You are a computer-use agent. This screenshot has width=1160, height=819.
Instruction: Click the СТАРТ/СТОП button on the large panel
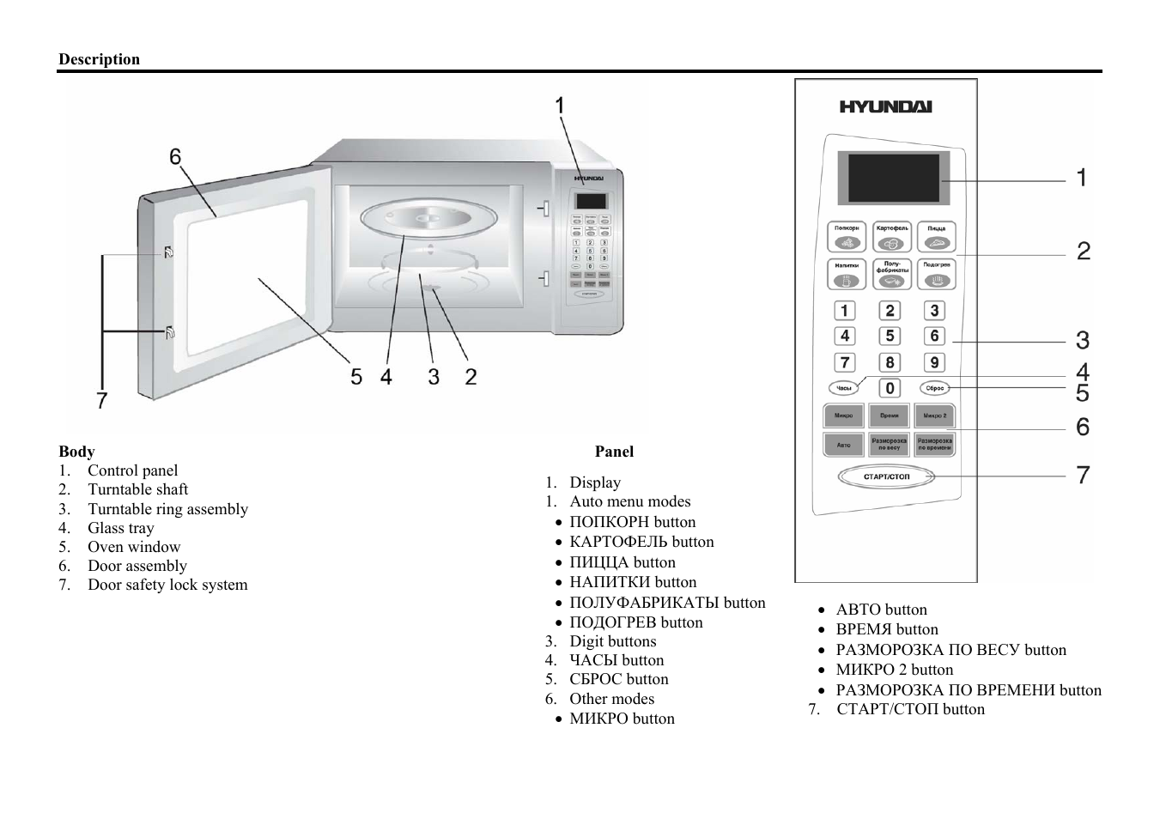[x=886, y=476]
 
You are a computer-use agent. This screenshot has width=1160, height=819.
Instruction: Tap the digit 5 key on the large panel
[x=890, y=337]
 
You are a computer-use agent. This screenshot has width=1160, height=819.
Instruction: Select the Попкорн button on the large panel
[x=847, y=237]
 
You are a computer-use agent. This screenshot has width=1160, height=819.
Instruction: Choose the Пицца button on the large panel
[x=936, y=237]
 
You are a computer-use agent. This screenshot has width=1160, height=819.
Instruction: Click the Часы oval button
[x=844, y=388]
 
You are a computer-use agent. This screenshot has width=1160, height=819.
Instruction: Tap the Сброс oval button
[x=935, y=388]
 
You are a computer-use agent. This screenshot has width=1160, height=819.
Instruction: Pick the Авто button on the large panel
[x=844, y=445]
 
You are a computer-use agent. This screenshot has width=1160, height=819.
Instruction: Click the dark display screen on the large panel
[x=894, y=178]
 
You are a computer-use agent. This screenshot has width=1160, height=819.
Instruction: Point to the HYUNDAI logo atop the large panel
[x=885, y=107]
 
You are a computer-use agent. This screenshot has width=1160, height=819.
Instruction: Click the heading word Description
[x=99, y=59]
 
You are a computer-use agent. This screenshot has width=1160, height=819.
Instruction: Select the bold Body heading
[x=76, y=452]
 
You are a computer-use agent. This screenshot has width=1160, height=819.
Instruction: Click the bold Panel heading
[x=614, y=452]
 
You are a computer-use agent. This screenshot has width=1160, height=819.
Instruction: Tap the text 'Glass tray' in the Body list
[x=121, y=528]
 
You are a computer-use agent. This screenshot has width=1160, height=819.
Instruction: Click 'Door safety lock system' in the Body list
[x=167, y=585]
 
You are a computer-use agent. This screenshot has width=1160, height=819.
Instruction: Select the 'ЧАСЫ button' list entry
[x=616, y=660]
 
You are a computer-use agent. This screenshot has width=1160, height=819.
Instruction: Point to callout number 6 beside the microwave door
[x=175, y=157]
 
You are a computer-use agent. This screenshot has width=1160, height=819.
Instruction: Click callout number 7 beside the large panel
[x=1083, y=475]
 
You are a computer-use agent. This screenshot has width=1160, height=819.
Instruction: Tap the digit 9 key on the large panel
[x=934, y=362]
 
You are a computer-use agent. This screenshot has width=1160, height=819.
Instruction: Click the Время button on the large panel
[x=889, y=416]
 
